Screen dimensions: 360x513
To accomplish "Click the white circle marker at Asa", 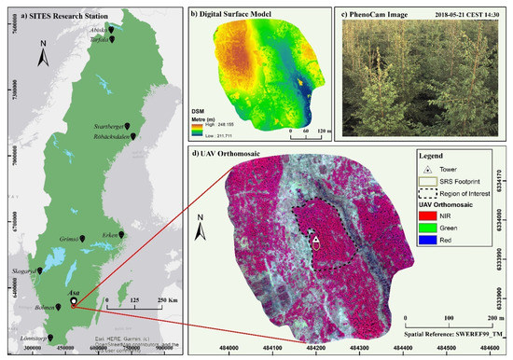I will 74,300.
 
